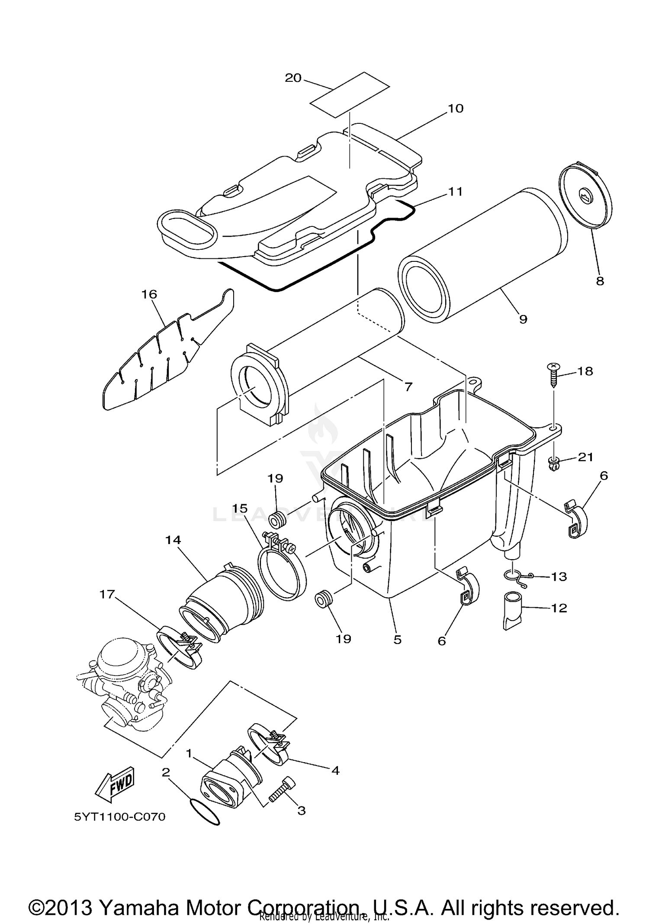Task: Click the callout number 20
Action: click(293, 78)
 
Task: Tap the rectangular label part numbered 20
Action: click(350, 94)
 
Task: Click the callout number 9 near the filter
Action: click(523, 319)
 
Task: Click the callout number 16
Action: click(149, 294)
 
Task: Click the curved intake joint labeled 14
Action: click(221, 604)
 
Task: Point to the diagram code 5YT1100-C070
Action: click(120, 817)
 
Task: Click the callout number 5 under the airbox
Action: click(397, 639)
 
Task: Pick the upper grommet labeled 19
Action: click(277, 518)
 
